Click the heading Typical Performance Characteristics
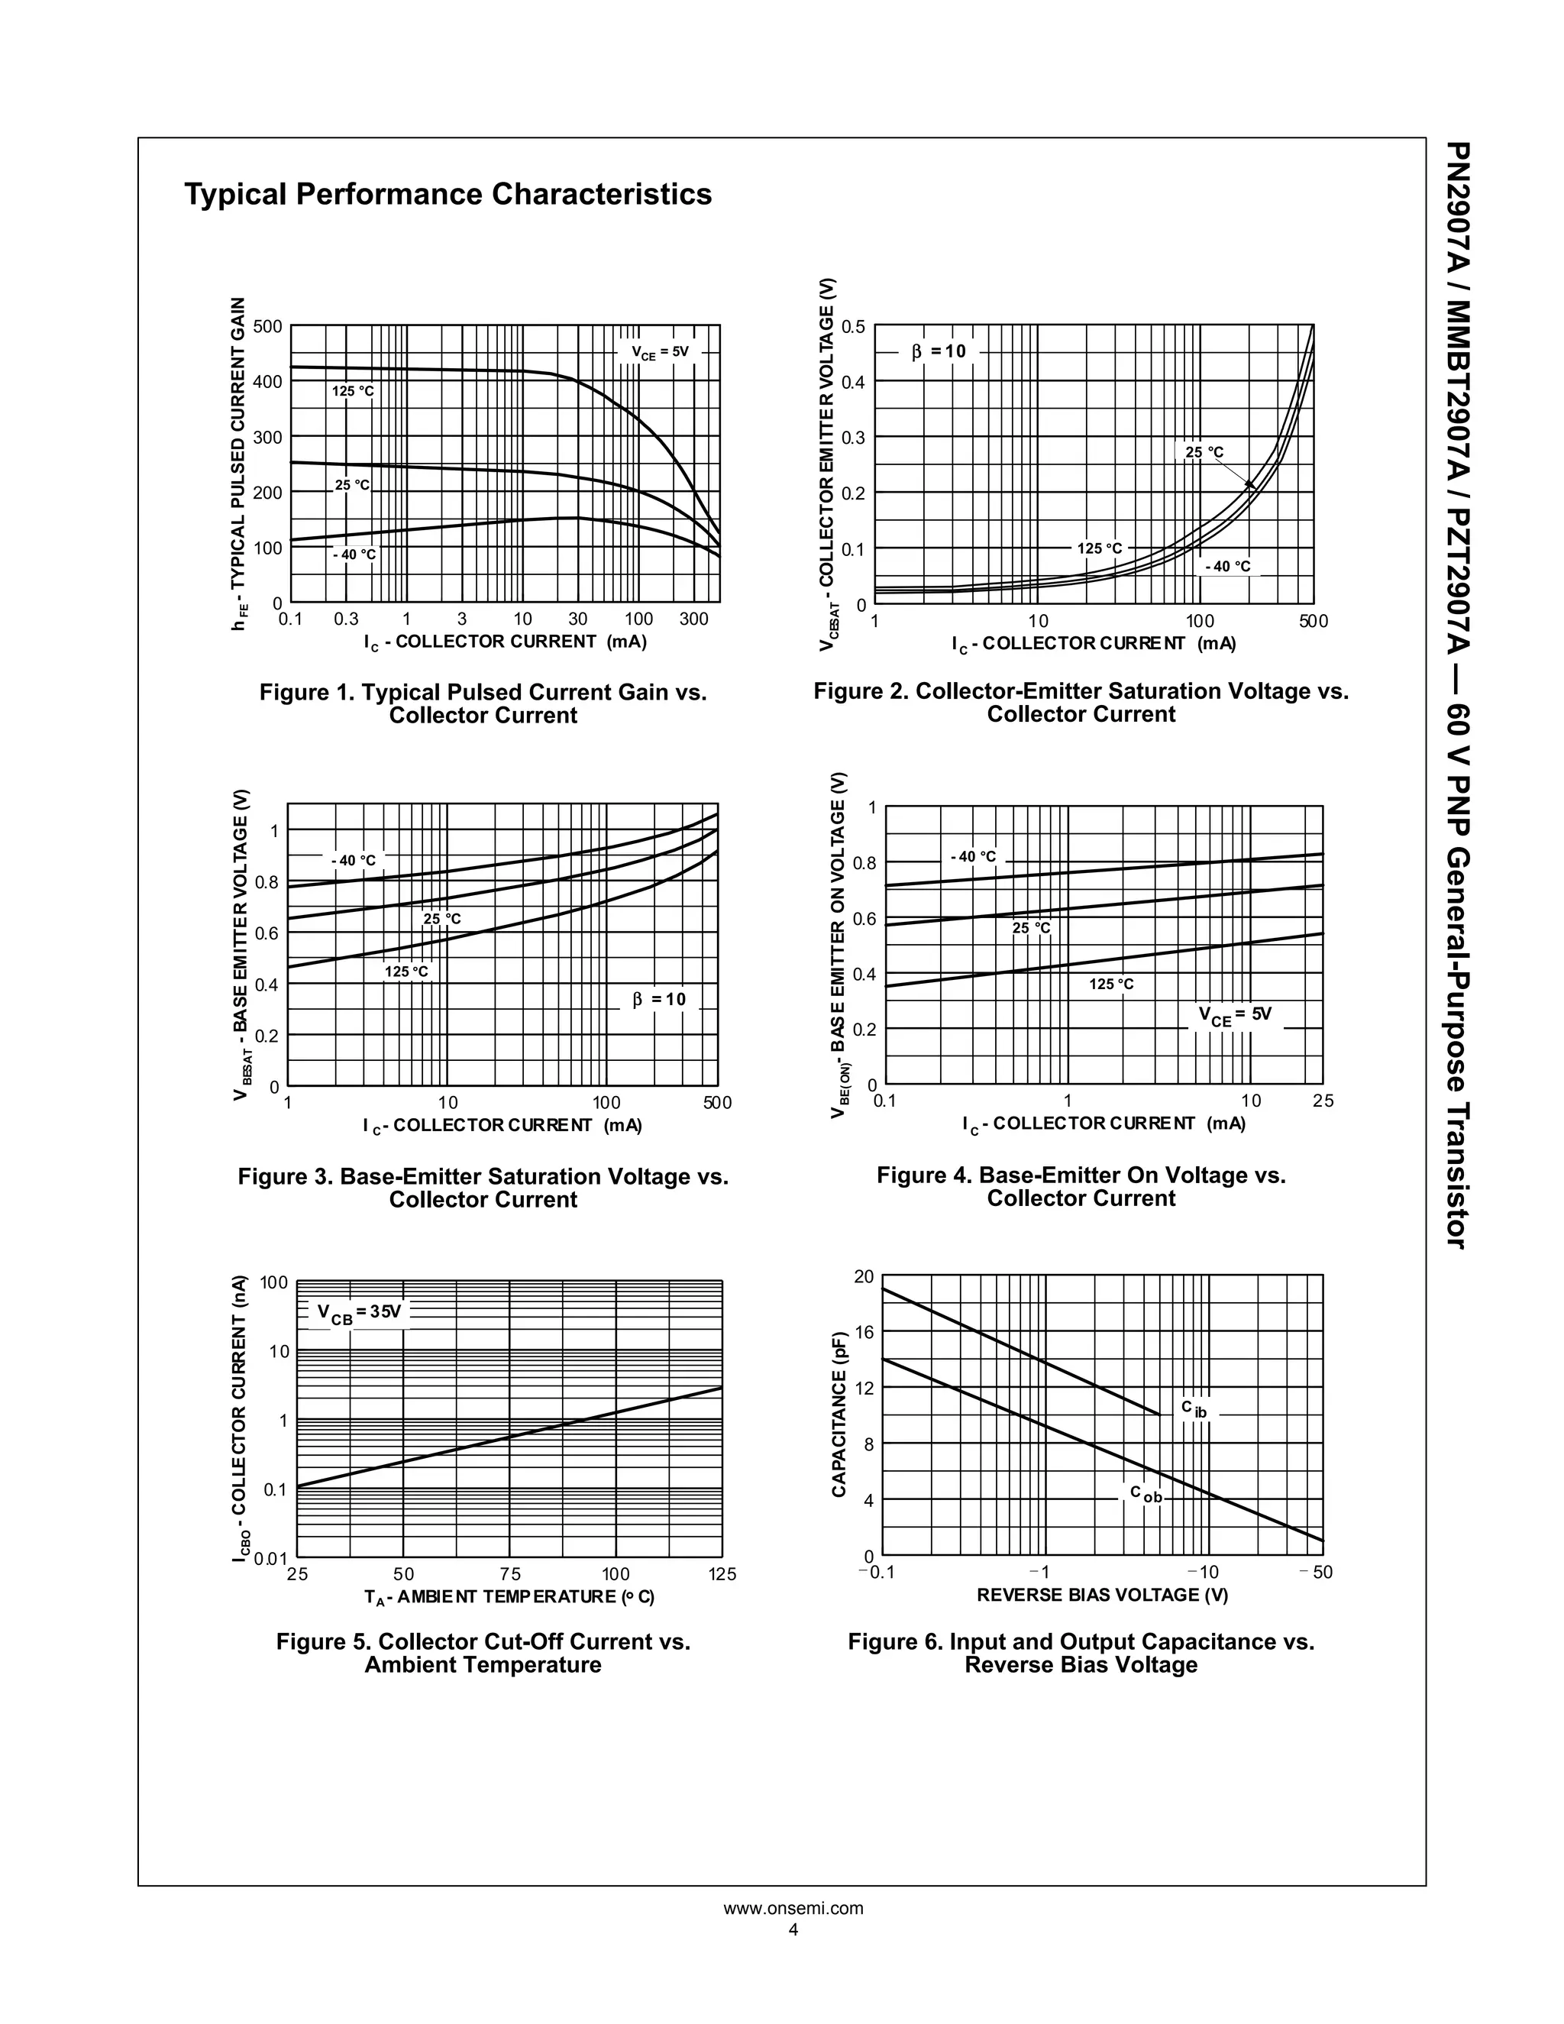448,195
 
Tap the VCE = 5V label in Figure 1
661,352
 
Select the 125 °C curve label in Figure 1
353,392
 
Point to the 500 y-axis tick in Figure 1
268,326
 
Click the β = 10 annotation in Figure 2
938,352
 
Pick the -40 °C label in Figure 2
1228,566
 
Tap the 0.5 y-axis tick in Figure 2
852,326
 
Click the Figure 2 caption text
1081,703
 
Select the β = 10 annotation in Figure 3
659,999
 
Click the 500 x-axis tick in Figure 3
717,1103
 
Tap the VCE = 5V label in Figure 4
1235,1016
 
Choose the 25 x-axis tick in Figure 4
1323,1101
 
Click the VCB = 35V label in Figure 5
360,1313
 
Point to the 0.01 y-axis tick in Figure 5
271,1559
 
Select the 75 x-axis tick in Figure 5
509,1575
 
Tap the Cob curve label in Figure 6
1146,1494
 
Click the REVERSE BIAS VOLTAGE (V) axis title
1102,1595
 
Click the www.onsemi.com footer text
793,1908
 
